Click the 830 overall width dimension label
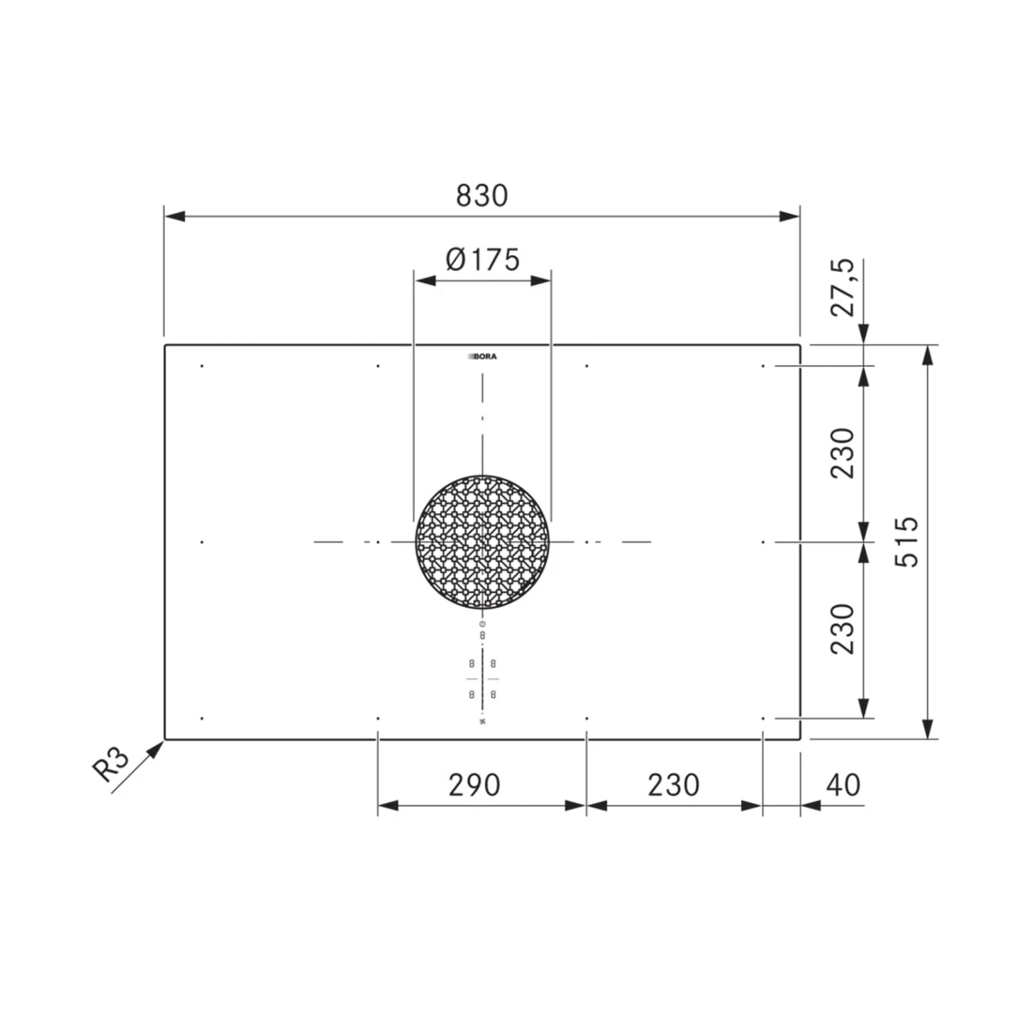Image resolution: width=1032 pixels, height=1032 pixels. point(481,195)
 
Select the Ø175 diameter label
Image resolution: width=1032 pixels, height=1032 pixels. point(482,259)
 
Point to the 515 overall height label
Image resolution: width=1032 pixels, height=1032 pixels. point(907,541)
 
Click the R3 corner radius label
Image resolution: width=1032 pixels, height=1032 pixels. point(110,765)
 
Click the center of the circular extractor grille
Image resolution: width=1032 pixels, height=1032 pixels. point(482,542)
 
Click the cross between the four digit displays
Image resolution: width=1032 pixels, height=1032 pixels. point(482,678)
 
